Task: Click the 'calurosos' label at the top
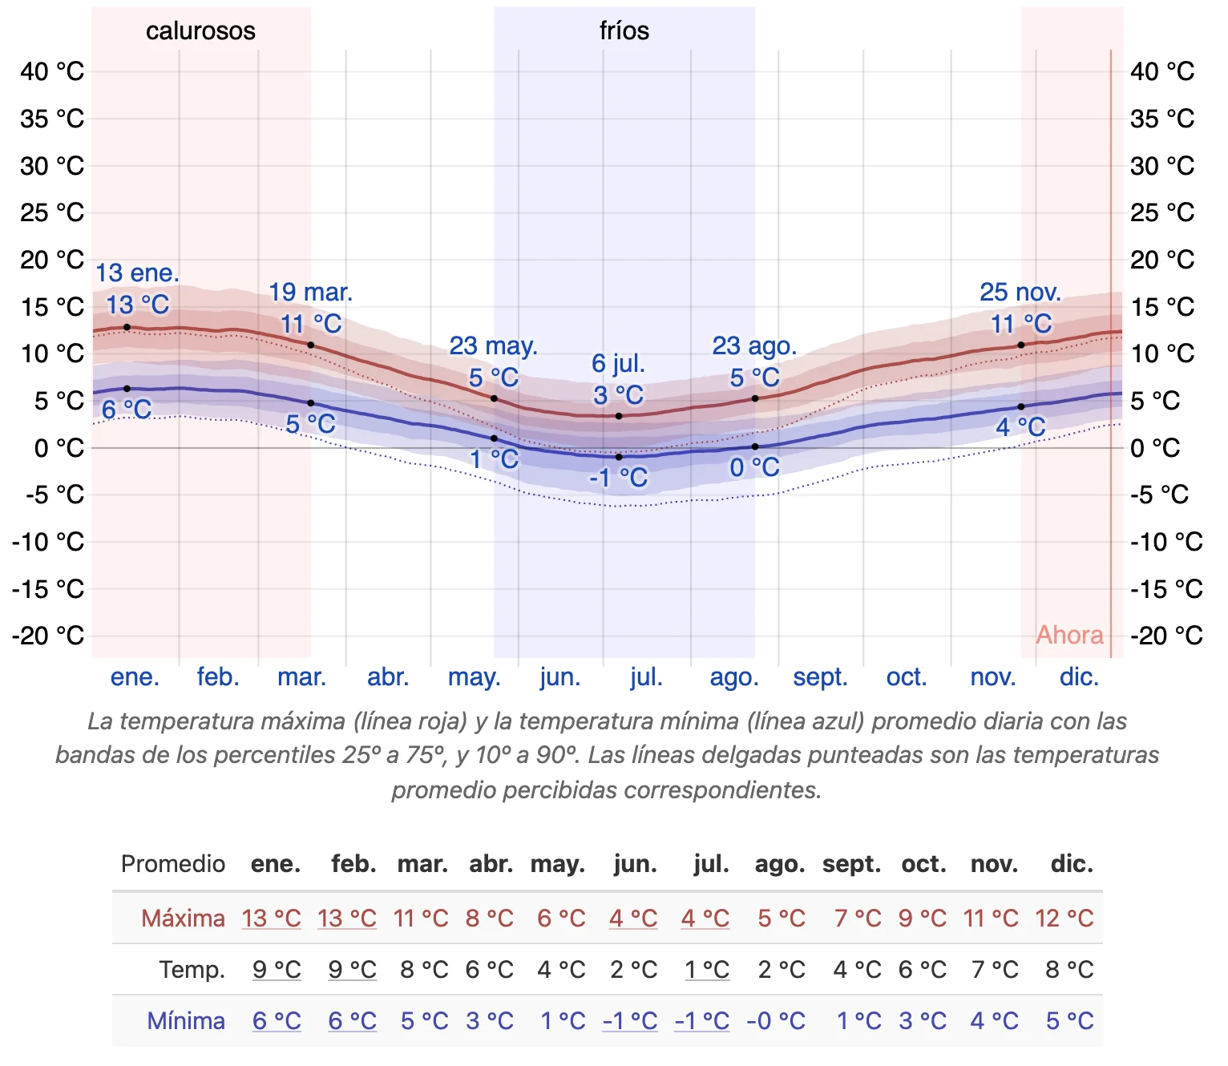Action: pos(200,31)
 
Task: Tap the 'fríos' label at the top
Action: pos(624,31)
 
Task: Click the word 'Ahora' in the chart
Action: pos(1069,635)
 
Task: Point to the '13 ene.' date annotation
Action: pos(138,273)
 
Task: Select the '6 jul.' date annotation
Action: pos(618,364)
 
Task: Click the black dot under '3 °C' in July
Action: pos(619,416)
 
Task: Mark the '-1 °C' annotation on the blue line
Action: pos(618,478)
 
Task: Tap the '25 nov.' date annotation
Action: pos(1020,293)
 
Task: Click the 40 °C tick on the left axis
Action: pos(52,71)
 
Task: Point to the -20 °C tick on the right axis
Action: pos(1166,636)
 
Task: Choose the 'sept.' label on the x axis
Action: pos(820,677)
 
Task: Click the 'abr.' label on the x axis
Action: pos(388,677)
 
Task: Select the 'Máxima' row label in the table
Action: pos(183,918)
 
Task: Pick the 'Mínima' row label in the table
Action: pos(186,1021)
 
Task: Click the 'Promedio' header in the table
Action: pos(172,864)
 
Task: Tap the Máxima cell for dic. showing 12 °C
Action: pos(1064,918)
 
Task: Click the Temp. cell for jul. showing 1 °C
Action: pos(706,970)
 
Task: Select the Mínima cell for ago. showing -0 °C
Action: pos(775,1021)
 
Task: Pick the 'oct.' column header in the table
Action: pos(923,864)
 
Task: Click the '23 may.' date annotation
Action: pos(493,346)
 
